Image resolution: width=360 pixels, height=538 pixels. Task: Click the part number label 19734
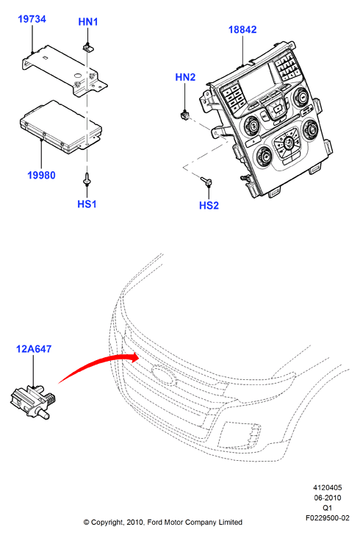32,19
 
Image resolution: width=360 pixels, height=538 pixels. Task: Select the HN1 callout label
88,21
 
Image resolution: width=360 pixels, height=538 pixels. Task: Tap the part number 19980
41,175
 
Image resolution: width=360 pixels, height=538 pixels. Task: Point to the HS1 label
87,204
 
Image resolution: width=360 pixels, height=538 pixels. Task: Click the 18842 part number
242,29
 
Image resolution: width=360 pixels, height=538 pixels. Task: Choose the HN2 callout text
185,77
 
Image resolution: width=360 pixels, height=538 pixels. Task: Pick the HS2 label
209,205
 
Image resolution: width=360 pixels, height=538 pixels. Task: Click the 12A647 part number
34,349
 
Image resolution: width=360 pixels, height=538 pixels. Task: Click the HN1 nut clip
87,47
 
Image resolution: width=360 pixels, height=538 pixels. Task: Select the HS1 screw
87,179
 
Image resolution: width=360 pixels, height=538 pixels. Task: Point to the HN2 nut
185,115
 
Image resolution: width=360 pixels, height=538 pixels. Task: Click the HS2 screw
206,181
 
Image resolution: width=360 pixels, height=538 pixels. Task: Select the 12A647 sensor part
33,401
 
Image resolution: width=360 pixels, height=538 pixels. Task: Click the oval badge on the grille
164,374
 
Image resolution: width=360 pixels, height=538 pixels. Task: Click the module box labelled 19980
61,126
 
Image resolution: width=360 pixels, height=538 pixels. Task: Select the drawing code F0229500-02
328,518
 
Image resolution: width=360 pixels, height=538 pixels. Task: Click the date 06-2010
328,498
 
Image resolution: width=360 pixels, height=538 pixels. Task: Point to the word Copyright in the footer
107,523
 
